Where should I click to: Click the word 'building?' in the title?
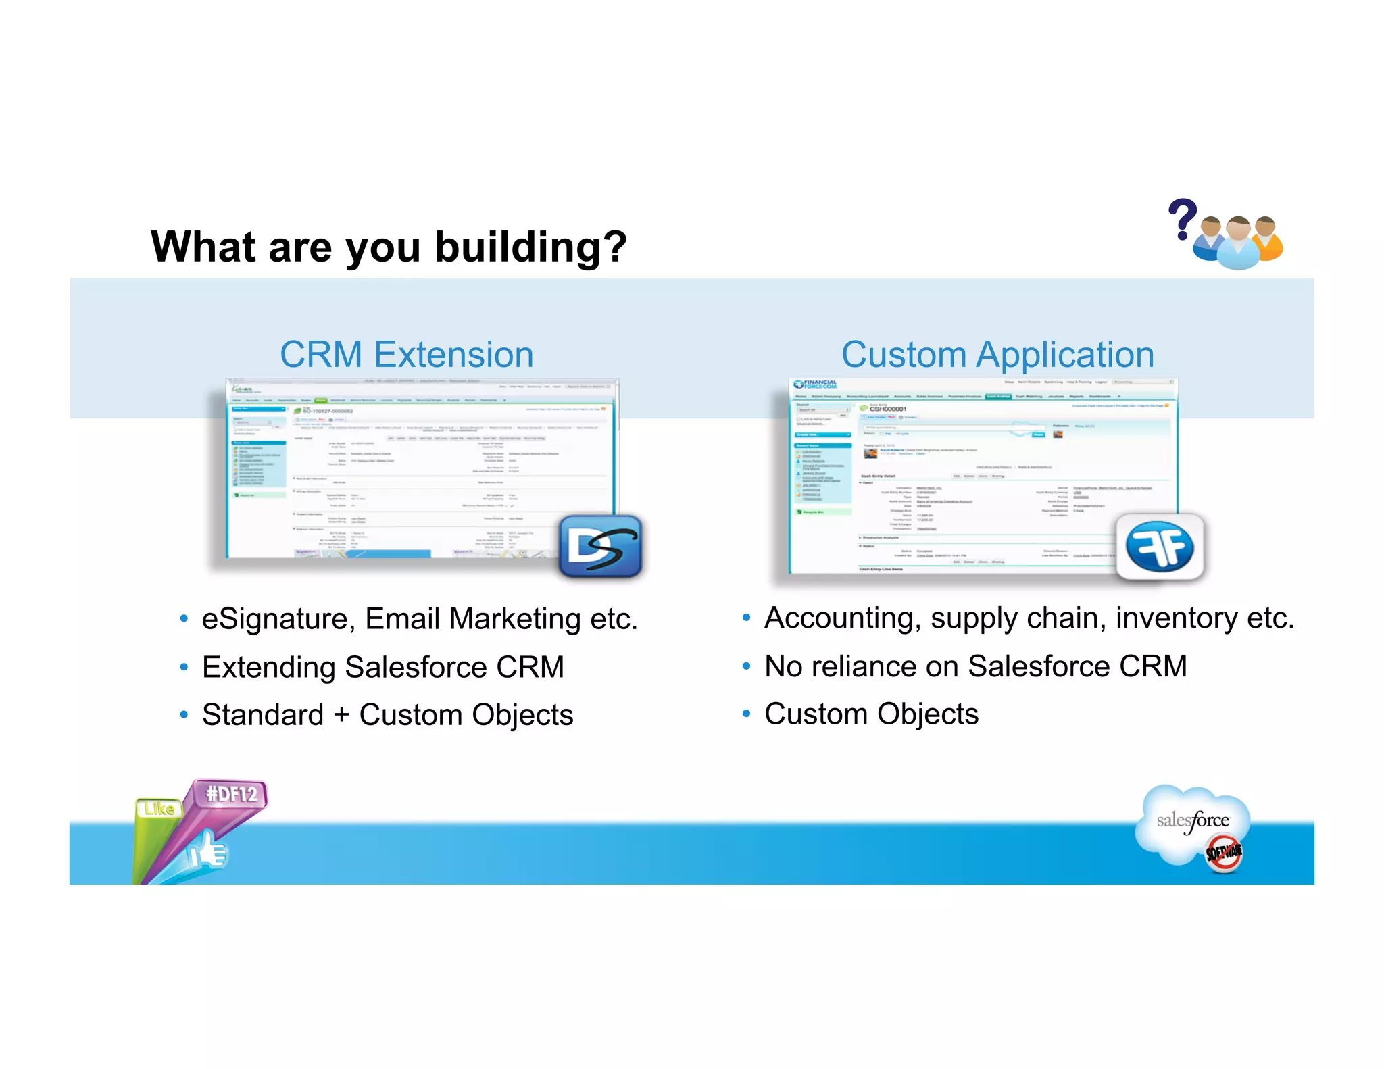point(530,247)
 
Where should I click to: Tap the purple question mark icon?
point(1183,218)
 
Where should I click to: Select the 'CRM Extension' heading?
point(407,354)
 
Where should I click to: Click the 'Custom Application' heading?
point(997,354)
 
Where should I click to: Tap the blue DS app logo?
point(600,546)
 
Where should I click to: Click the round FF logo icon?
point(1160,547)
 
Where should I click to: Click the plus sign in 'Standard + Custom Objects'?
point(341,716)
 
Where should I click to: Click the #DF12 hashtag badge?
point(232,793)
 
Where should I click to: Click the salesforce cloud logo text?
point(1193,820)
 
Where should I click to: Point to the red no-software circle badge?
point(1224,853)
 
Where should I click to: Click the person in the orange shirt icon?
point(1266,239)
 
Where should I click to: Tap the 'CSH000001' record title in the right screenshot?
point(887,409)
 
